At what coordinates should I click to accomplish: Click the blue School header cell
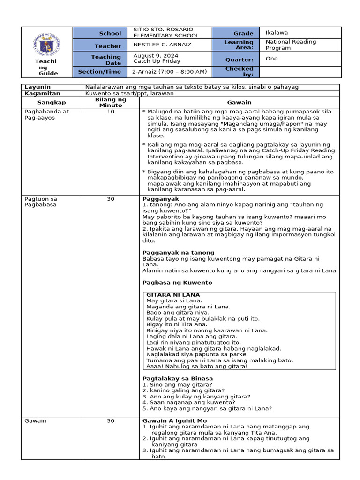click(110, 33)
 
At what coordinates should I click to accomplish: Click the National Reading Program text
click(291, 45)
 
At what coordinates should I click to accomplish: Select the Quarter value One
click(272, 59)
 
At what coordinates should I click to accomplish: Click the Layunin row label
click(37, 87)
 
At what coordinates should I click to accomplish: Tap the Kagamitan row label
click(40, 93)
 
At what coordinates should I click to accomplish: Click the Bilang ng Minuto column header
click(111, 102)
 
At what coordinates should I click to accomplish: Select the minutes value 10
click(111, 112)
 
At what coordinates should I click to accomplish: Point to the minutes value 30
click(111, 199)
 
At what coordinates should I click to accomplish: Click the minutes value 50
click(111, 421)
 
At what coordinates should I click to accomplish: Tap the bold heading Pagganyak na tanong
click(179, 252)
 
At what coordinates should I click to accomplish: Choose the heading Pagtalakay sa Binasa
click(178, 378)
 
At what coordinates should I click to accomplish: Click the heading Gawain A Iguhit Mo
click(174, 421)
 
